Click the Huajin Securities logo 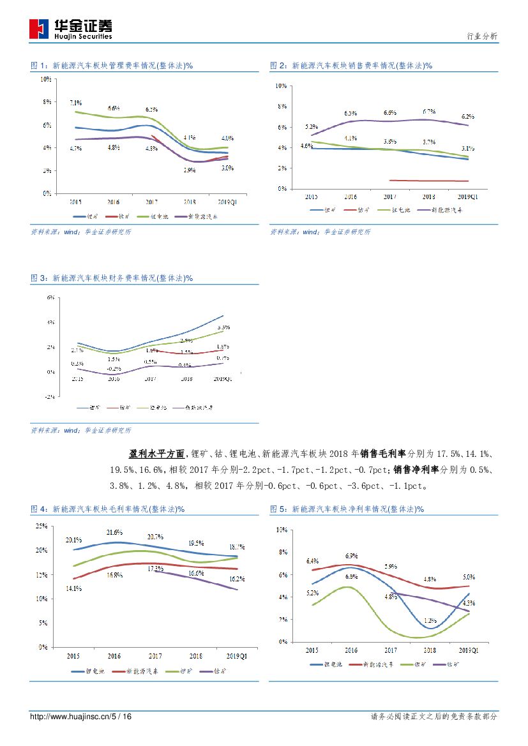tap(71, 29)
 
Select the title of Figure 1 tap(112, 66)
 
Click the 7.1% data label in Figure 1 tap(75, 103)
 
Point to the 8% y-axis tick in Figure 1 tap(47, 102)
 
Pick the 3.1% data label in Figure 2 tap(467, 148)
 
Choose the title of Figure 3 tap(112, 278)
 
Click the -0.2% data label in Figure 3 tap(114, 369)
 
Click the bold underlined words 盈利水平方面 tap(156, 454)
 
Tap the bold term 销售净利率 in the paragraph tap(414, 470)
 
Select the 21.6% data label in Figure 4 tap(114, 532)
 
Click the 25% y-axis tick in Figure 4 tap(41, 526)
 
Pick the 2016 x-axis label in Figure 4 tap(114, 656)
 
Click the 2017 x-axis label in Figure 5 tap(390, 650)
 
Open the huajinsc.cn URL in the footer tap(80, 717)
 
